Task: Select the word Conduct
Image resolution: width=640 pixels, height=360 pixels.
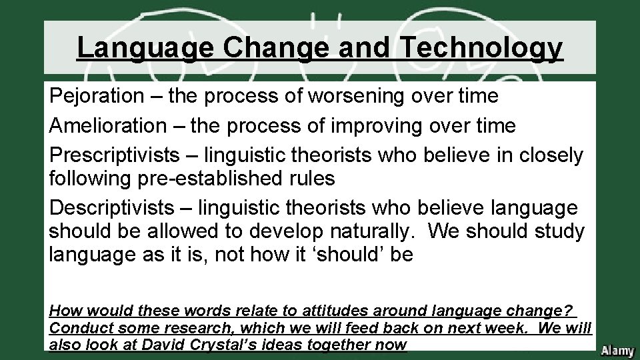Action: pyautogui.click(x=75, y=328)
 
